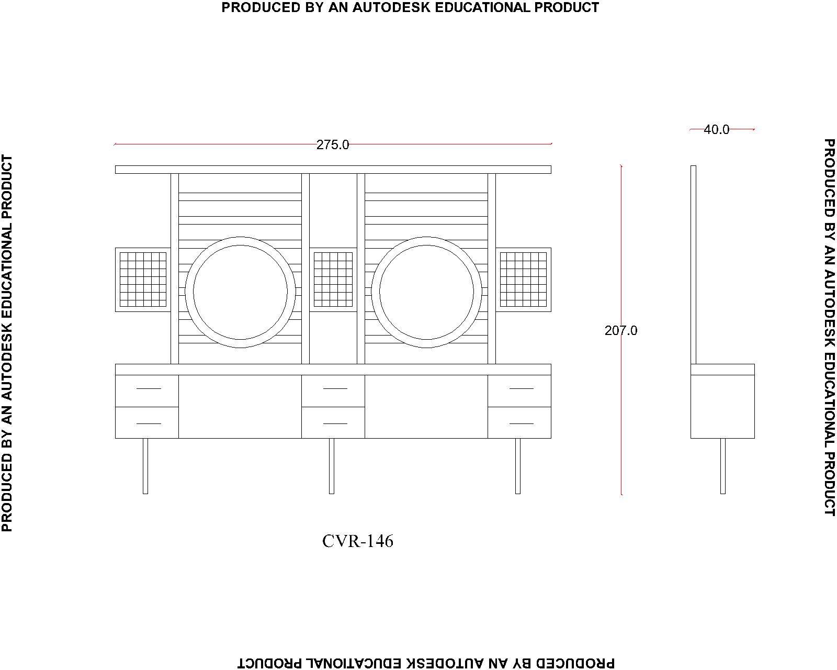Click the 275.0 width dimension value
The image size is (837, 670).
click(x=333, y=145)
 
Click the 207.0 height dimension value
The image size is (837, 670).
click(x=621, y=330)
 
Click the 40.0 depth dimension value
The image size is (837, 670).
click(x=717, y=130)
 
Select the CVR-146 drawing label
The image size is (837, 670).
click(x=357, y=541)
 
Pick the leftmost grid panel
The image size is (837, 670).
click(x=143, y=280)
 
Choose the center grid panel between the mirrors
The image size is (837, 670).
click(x=333, y=280)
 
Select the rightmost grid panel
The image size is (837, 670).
click(x=523, y=280)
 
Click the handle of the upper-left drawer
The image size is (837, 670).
click(x=149, y=388)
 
